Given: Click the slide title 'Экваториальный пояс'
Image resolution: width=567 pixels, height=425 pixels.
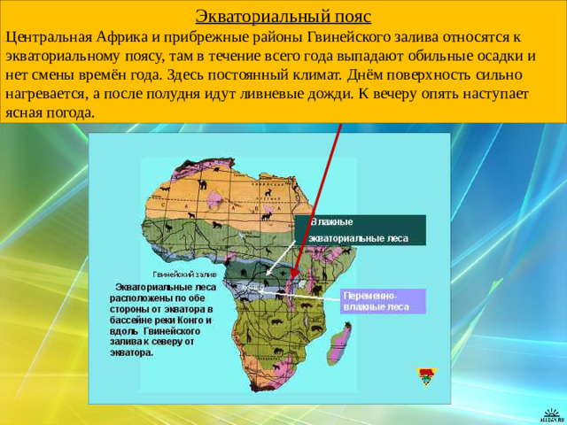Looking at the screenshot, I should [283, 17].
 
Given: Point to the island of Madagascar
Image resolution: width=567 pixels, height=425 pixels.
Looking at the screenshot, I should [339, 344].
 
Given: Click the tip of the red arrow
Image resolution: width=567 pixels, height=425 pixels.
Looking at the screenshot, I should [292, 290].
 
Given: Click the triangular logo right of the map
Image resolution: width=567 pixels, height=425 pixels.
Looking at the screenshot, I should [426, 375].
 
